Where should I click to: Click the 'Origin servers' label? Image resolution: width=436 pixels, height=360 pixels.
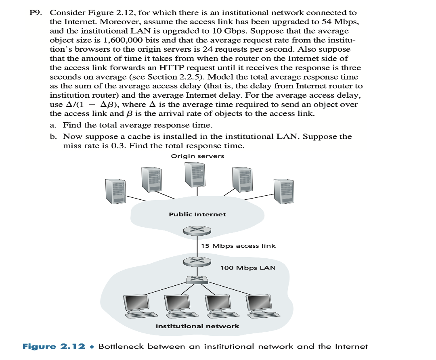tap(197, 156)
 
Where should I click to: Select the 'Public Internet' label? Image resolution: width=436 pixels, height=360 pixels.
tap(197, 214)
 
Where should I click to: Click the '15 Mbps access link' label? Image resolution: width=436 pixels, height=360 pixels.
tap(238, 246)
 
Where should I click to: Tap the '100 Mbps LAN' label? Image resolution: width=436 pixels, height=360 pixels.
tap(247, 268)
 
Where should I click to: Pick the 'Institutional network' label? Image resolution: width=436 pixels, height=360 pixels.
tap(197, 326)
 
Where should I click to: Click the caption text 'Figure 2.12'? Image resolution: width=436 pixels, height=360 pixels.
tap(54, 347)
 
